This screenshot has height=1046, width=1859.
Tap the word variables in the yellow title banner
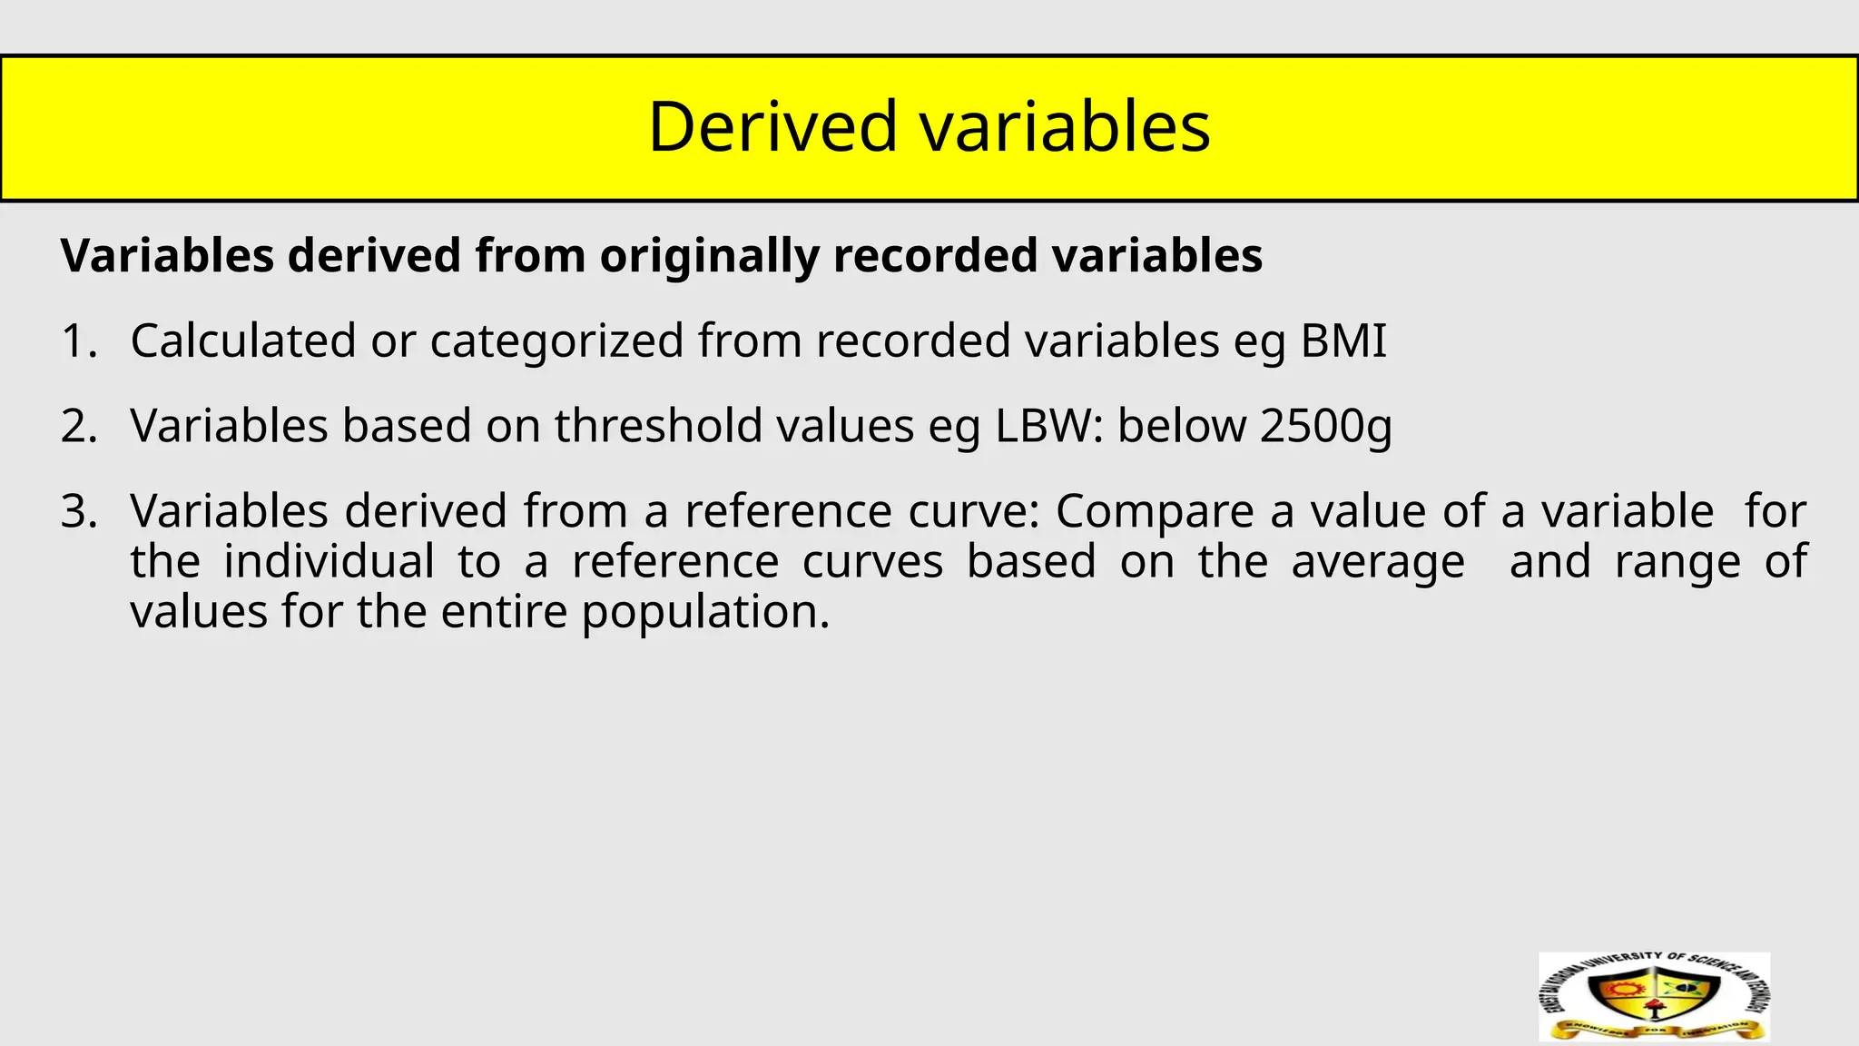click(1066, 126)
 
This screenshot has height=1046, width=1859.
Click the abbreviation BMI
click(1343, 341)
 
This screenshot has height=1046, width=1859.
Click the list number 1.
click(78, 341)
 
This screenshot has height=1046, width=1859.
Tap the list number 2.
click(78, 426)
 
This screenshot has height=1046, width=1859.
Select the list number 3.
click(78, 511)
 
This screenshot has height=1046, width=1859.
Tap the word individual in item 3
click(329, 561)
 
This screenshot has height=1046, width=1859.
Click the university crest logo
click(1654, 996)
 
